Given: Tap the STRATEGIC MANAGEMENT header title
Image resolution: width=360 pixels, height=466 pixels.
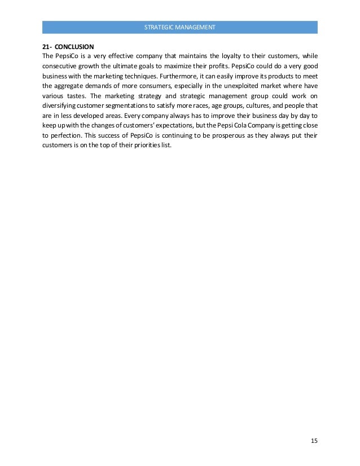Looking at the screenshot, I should point(179,27).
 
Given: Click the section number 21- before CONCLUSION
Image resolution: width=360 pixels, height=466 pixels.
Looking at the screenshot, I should point(47,46).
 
